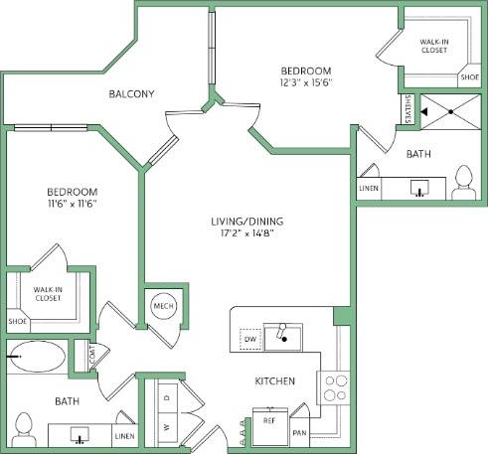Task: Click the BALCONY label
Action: coord(130,94)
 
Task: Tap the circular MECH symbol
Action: coord(163,308)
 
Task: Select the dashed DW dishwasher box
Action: coord(250,339)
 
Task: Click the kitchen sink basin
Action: coord(286,338)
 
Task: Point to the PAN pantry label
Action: coord(299,433)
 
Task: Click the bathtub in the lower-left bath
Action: coord(37,356)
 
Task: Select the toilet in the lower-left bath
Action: coord(26,430)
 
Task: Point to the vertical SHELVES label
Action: coord(408,109)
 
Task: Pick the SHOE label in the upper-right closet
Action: coord(467,76)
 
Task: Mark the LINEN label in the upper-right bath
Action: coord(368,188)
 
